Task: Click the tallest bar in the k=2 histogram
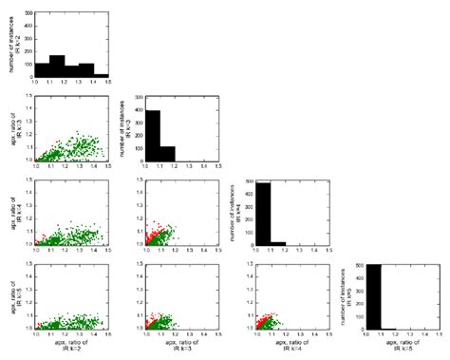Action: [57, 66]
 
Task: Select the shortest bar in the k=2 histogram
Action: [102, 75]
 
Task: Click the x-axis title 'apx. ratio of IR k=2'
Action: [71, 348]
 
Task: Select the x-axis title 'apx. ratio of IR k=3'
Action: [177, 348]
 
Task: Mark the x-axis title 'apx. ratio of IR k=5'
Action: [389, 348]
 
